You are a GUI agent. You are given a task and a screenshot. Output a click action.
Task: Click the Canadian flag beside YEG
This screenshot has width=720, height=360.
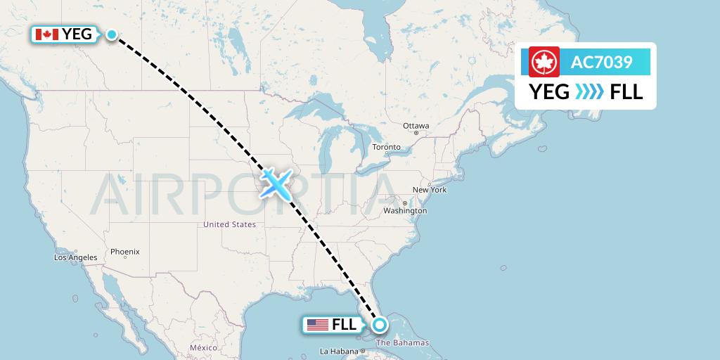[46, 34]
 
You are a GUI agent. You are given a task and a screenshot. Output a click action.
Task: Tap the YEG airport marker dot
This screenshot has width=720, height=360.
[112, 34]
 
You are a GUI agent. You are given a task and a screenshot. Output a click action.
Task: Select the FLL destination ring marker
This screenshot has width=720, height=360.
[380, 325]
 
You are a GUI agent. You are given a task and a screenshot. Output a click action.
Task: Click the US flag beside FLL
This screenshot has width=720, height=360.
[318, 325]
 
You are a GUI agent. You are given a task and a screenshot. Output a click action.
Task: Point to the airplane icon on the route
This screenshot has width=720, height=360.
[276, 183]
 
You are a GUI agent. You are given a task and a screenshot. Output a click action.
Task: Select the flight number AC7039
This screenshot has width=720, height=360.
[601, 63]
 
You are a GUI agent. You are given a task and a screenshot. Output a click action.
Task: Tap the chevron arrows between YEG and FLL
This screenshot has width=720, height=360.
[589, 92]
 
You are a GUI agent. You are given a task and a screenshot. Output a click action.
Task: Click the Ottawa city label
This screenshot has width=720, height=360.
[416, 126]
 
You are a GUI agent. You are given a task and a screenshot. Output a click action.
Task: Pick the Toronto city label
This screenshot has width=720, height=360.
[386, 147]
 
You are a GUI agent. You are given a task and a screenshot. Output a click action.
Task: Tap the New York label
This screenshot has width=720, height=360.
[429, 190]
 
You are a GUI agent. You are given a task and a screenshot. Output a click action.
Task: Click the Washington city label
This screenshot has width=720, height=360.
[405, 210]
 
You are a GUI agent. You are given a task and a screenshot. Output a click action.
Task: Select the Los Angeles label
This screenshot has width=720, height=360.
[76, 257]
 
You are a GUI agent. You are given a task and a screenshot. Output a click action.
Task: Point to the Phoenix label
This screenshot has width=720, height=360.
[124, 252]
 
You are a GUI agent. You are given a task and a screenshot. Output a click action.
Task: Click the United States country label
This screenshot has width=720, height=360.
[229, 224]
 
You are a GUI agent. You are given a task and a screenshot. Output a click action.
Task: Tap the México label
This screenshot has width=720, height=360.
[204, 348]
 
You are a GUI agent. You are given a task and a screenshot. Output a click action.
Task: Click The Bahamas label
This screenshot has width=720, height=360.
[402, 343]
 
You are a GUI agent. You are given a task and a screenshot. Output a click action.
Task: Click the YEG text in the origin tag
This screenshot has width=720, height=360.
[77, 34]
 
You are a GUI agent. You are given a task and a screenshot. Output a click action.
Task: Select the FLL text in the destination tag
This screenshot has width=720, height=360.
[344, 325]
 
